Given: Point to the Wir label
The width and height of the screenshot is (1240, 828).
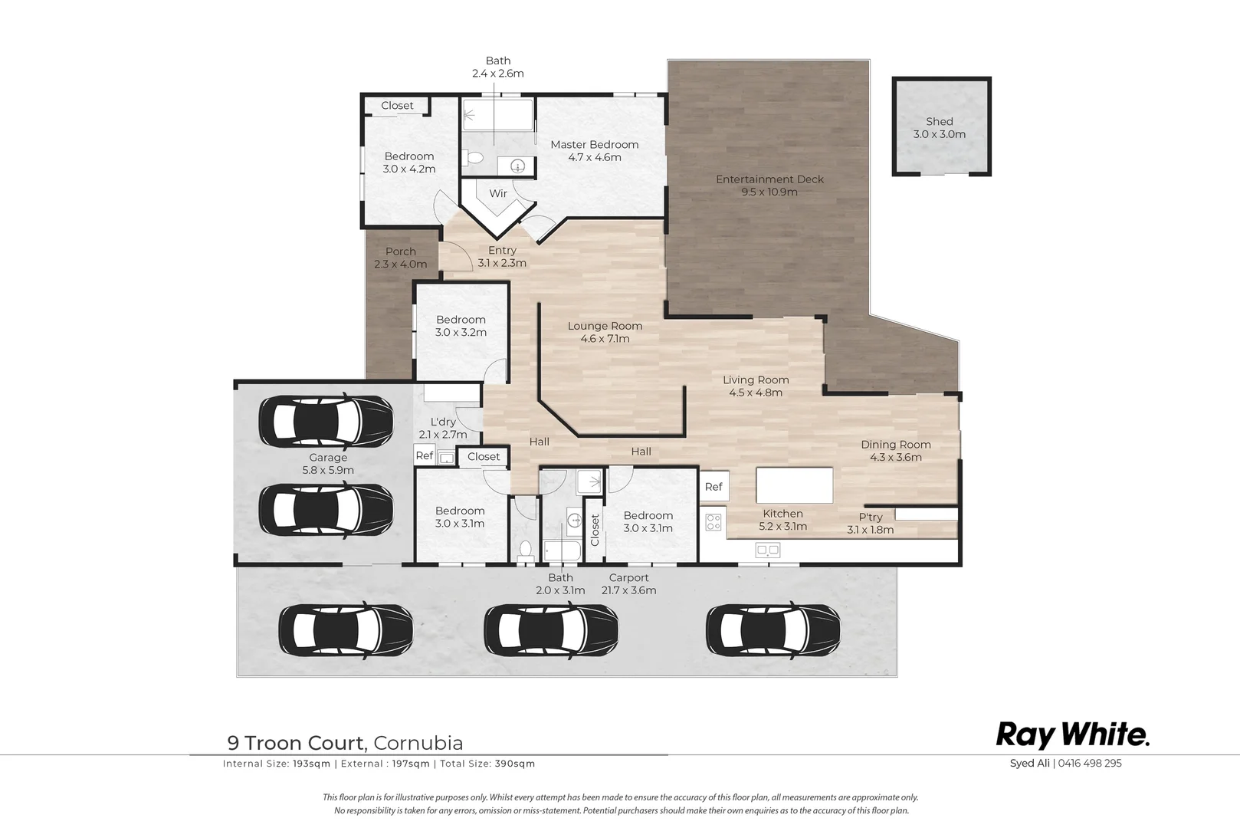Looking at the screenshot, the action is (x=498, y=193).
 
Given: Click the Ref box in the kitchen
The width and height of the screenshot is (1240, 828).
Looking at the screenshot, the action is (x=713, y=487).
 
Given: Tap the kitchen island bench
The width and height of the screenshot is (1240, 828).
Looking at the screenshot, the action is (x=795, y=485).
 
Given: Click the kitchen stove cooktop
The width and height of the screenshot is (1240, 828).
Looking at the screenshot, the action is (x=713, y=522).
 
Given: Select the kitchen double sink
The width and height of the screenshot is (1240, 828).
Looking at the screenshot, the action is (x=768, y=550).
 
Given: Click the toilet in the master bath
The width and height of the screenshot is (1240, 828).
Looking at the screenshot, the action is (x=474, y=158).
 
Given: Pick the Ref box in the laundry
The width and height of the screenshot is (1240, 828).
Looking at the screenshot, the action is (x=425, y=455).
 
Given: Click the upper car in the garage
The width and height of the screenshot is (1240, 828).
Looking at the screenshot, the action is (x=326, y=422).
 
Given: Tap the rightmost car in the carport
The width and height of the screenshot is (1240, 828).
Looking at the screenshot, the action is (x=773, y=630).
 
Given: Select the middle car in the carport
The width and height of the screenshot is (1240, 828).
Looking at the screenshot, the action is (x=551, y=630).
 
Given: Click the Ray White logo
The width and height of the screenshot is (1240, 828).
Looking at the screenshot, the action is (x=1073, y=736).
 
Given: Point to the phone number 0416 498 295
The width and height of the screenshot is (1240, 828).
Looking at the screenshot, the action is (x=1090, y=763).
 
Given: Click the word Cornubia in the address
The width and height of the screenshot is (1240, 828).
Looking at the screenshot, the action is (x=418, y=743).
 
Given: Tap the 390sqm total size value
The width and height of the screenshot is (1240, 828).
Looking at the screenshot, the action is (x=515, y=764).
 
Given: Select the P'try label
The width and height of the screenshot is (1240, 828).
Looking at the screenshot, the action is (x=871, y=517).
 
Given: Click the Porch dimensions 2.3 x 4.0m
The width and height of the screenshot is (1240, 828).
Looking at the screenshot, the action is (x=401, y=264).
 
